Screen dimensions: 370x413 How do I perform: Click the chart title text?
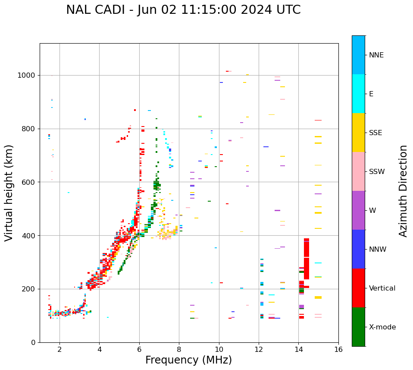[183, 10]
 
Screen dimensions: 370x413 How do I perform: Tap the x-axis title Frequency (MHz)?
[188, 360]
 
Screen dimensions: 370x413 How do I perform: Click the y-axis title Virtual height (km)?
[9, 193]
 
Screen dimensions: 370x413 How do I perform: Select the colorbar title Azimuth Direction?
[403, 191]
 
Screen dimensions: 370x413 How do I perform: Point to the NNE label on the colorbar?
[376, 55]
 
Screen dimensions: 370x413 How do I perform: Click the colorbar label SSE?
[375, 133]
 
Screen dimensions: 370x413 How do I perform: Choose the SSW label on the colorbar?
[377, 172]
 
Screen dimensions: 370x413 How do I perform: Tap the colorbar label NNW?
[378, 250]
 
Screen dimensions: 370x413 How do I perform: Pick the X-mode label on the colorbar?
[382, 327]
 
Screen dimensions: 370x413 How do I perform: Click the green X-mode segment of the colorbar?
[358, 327]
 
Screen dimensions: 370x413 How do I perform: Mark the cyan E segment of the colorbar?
[358, 94]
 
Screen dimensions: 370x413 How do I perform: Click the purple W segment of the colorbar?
[358, 210]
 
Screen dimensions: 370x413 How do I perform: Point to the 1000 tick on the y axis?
[27, 75]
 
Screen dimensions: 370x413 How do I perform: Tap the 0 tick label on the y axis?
[33, 342]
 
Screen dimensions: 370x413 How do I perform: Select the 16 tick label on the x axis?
[338, 349]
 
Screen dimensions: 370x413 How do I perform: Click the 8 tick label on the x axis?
[179, 349]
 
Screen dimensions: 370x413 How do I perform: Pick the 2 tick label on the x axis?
[59, 349]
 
